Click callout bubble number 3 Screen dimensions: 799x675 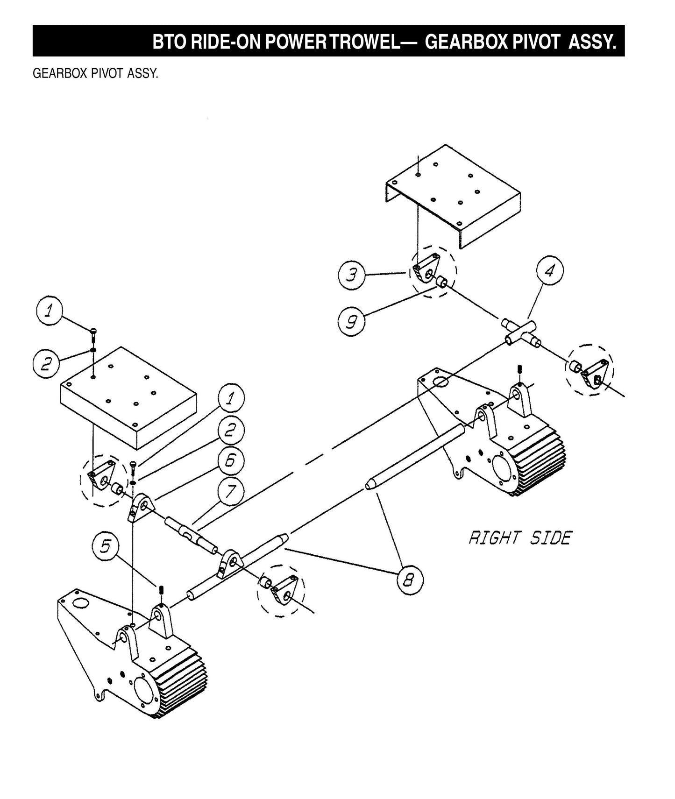pyautogui.click(x=351, y=275)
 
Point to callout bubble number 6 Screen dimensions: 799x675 pyautogui.click(x=231, y=460)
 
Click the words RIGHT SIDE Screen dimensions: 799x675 pyautogui.click(x=519, y=538)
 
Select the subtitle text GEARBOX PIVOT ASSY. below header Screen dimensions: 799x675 pyautogui.click(x=95, y=74)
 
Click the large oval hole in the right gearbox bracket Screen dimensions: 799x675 pyautogui.click(x=440, y=382)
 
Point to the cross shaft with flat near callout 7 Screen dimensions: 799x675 pyautogui.click(x=191, y=534)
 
